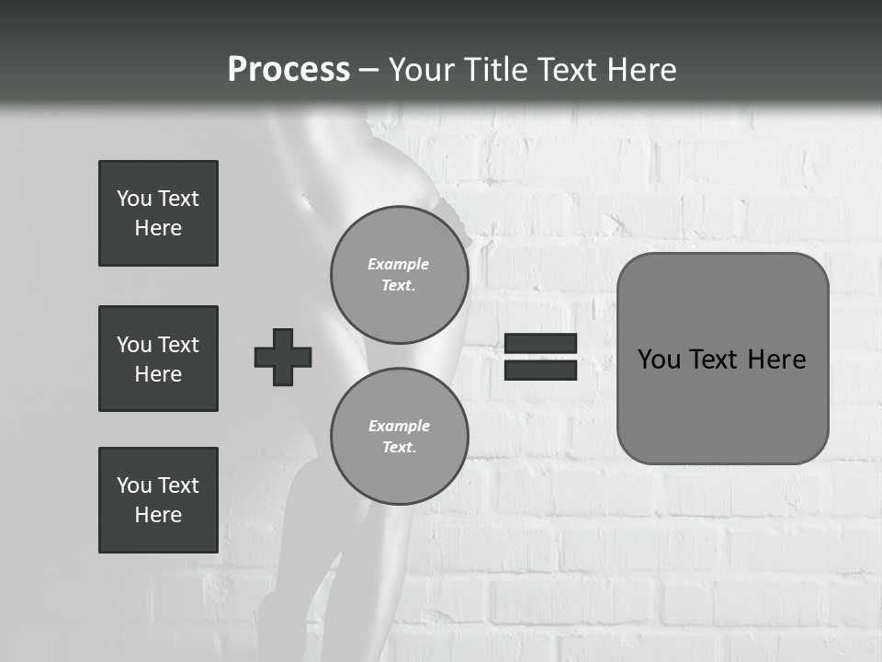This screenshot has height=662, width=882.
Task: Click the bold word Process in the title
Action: [x=288, y=70]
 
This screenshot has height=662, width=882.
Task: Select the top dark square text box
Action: [x=158, y=213]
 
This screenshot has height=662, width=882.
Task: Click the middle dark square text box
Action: [x=158, y=359]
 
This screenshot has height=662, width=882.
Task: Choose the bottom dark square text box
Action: [x=158, y=500]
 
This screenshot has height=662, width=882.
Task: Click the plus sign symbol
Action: [x=283, y=357]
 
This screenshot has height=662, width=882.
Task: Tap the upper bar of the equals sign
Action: [x=540, y=344]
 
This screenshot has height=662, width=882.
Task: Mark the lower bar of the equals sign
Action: [x=540, y=371]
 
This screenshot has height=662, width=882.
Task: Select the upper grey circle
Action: [x=400, y=274]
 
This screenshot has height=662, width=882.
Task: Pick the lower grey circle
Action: [x=400, y=436]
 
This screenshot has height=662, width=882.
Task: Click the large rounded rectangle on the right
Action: [x=722, y=359]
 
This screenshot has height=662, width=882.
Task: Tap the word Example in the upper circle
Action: [x=399, y=264]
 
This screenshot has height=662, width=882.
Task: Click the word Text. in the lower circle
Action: [x=399, y=448]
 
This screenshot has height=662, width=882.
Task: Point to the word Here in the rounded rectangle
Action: [x=776, y=360]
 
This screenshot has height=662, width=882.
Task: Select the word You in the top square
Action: [x=133, y=199]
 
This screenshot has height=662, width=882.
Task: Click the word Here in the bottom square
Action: [x=158, y=515]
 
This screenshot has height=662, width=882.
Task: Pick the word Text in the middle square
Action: [x=177, y=345]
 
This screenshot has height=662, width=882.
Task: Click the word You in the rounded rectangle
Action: [x=659, y=360]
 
